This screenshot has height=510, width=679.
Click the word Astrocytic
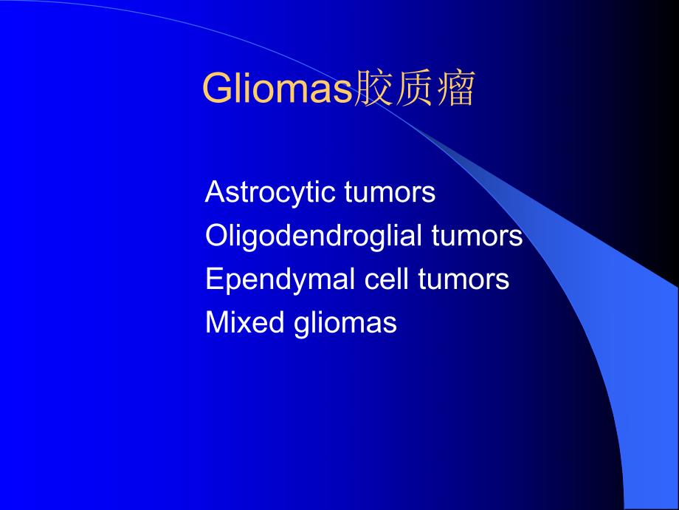272,193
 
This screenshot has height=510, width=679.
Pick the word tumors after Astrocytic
390,193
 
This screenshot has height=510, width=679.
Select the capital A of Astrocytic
214,193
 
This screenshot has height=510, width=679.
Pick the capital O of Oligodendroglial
216,237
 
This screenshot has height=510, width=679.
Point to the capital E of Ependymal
213,280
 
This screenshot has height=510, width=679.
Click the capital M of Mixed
216,323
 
